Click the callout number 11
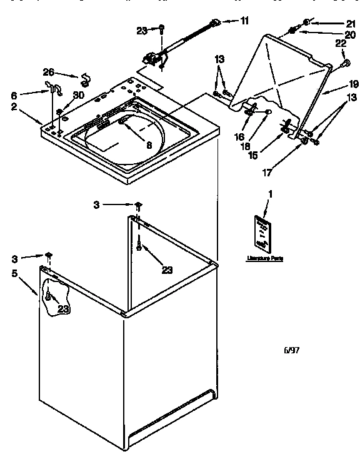click(244, 21)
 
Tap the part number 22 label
click(341, 43)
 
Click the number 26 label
click(49, 71)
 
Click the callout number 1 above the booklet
click(270, 194)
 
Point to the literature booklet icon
click(262, 232)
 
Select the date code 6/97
click(292, 350)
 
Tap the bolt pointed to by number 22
click(344, 63)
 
